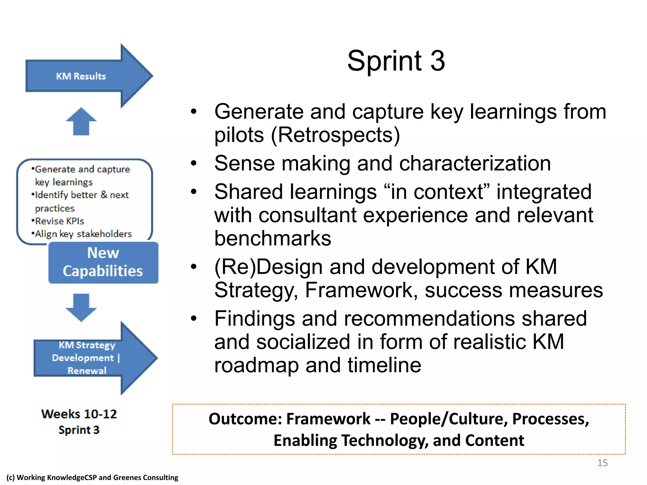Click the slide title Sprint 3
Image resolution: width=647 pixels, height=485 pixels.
tap(396, 61)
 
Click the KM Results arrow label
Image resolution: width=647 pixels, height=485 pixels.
tap(81, 76)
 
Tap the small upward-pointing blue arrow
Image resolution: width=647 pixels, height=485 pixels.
tap(81, 121)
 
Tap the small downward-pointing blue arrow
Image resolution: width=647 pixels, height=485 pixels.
tap(81, 307)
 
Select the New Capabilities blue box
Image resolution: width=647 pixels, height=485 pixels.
tap(103, 262)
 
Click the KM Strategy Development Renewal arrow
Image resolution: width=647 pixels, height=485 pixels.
tap(87, 358)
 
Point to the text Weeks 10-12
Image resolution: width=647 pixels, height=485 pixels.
tap(79, 414)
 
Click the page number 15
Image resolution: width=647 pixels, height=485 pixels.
tap(602, 463)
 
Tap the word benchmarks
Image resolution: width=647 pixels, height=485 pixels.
tap(273, 238)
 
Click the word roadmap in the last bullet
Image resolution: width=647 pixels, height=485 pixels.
tap(256, 365)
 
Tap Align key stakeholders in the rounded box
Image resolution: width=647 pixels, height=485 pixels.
tap(83, 234)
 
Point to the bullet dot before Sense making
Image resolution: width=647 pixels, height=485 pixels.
tap(194, 163)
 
